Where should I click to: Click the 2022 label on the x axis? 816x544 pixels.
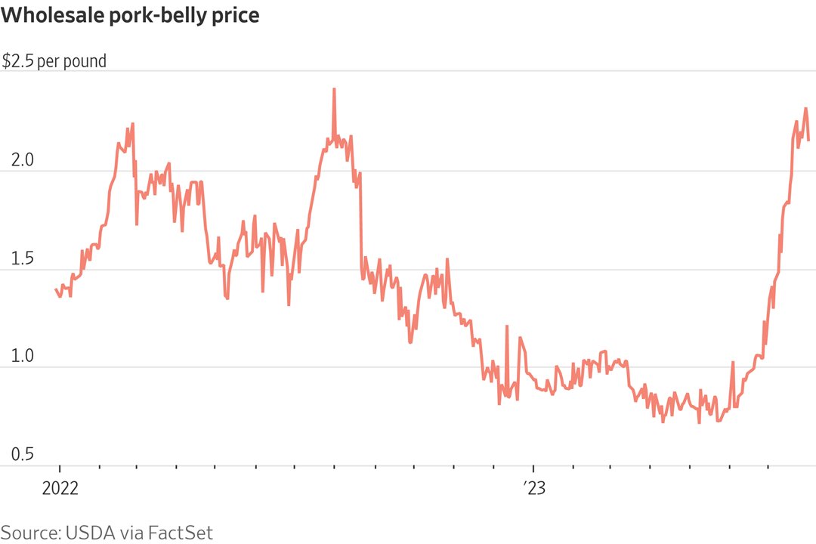pyautogui.click(x=60, y=488)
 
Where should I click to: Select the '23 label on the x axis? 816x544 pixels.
pyautogui.click(x=534, y=488)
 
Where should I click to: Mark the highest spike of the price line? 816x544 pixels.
pyautogui.click(x=334, y=89)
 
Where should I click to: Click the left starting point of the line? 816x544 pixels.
pyautogui.click(x=56, y=289)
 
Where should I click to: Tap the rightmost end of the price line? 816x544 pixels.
pyautogui.click(x=808, y=140)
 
